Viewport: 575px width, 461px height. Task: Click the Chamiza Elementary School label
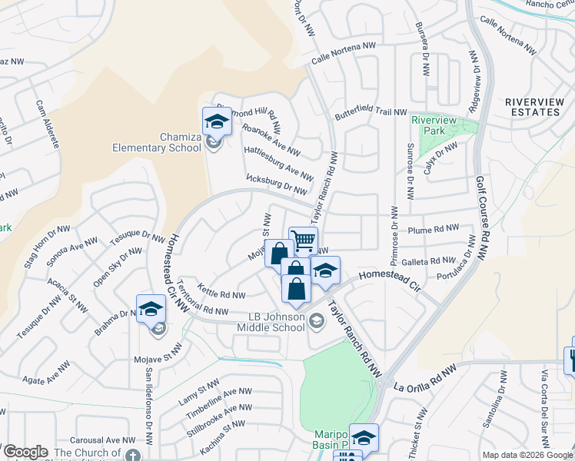pos(168,142)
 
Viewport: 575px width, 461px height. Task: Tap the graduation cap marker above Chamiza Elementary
pos(216,121)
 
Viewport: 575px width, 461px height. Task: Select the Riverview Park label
pos(434,125)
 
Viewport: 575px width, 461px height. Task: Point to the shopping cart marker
pos(304,240)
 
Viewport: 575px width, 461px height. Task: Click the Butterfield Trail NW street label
pos(370,113)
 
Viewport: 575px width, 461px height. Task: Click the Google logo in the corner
pos(25,452)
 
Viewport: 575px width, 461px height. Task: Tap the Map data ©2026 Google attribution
pos(527,455)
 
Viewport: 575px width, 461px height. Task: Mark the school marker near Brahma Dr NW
pos(151,309)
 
